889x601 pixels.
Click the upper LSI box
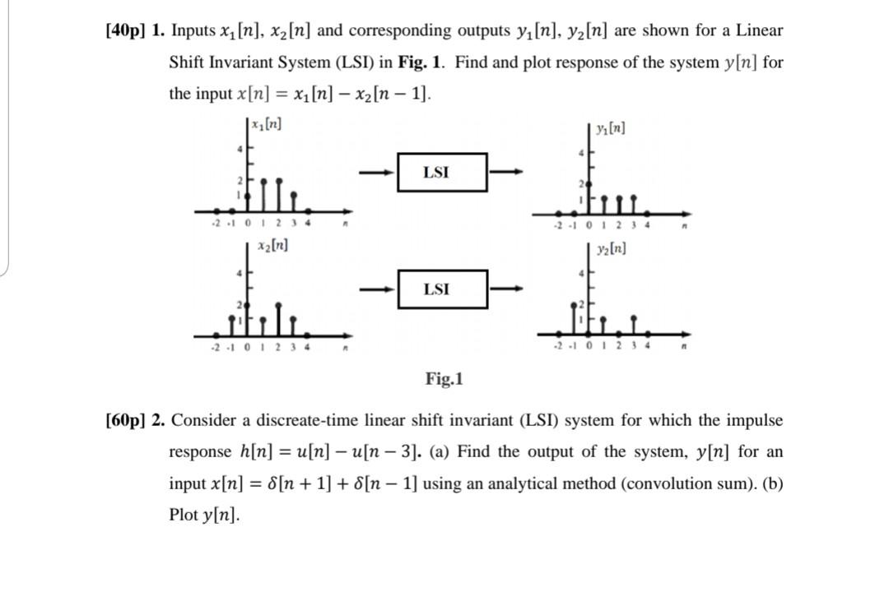pyautogui.click(x=442, y=172)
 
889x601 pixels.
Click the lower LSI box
pyautogui.click(x=442, y=289)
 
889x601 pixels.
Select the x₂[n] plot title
pyautogui.click(x=272, y=245)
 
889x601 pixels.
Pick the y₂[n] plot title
pyautogui.click(x=611, y=248)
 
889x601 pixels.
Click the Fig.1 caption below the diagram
pyautogui.click(x=444, y=379)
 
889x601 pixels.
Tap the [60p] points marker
pyautogui.click(x=125, y=421)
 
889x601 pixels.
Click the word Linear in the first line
pyautogui.click(x=759, y=31)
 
